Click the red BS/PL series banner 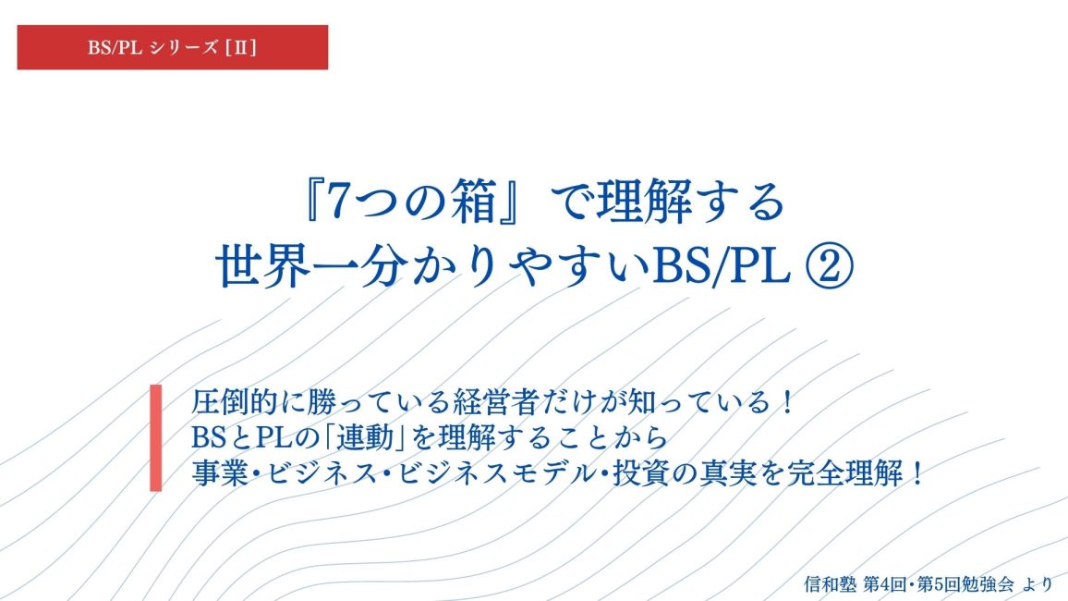click(x=173, y=47)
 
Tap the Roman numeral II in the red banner click(x=240, y=48)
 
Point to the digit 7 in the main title click(x=338, y=202)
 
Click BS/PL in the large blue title click(x=721, y=266)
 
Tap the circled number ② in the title click(x=829, y=266)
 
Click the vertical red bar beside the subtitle click(x=156, y=437)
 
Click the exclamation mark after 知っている click(x=788, y=402)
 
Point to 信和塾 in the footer click(x=830, y=584)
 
